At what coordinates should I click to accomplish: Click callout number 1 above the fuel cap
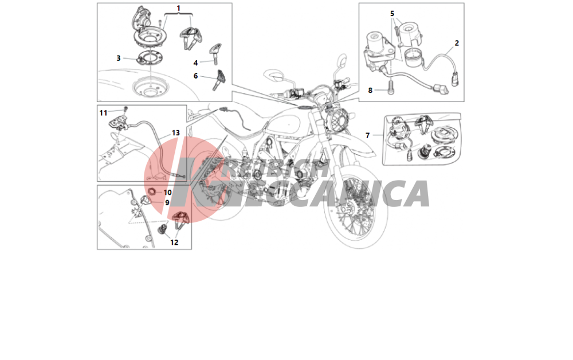(x=178, y=8)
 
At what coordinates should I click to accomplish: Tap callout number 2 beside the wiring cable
(x=457, y=43)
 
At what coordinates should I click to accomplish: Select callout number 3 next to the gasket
(x=119, y=58)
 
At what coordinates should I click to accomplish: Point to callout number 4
(x=195, y=63)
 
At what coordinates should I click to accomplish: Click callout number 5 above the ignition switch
(x=392, y=14)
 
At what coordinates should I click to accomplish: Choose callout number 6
(x=195, y=76)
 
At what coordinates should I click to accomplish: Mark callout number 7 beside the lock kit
(x=368, y=136)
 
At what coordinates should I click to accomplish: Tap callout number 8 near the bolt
(x=370, y=90)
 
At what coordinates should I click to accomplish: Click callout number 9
(x=167, y=202)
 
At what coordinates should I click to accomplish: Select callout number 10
(x=167, y=193)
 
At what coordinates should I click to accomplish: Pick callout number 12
(x=174, y=242)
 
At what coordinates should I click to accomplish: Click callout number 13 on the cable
(x=176, y=133)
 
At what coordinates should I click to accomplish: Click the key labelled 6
(x=221, y=79)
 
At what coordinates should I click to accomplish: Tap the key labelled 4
(x=215, y=53)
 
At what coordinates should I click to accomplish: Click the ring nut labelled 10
(x=151, y=191)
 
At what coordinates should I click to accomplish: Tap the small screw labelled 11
(x=125, y=109)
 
